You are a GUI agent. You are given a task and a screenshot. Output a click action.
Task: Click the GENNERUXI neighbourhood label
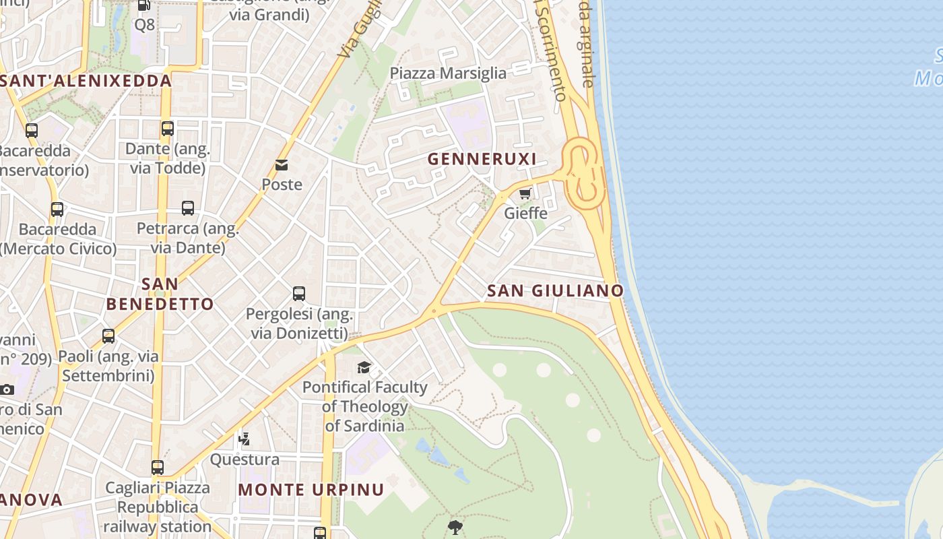point(482,159)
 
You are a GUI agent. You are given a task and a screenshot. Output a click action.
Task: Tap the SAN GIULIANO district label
point(555,290)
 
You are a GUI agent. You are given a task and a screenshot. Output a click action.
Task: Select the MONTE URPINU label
point(311,490)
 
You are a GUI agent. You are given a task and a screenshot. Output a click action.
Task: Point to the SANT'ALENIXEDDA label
point(86,81)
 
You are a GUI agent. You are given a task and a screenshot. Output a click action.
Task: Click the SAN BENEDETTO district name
point(160,294)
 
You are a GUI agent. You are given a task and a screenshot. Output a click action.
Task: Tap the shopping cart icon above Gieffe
point(525,194)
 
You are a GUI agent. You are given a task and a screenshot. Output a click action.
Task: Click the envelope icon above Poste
point(282,165)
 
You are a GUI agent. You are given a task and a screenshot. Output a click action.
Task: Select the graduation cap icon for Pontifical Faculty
point(364,367)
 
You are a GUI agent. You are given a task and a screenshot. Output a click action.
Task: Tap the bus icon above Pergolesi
point(299,294)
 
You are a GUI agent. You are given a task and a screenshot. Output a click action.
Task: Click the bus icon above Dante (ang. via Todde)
point(168,128)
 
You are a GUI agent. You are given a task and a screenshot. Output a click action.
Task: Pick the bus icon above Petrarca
point(188,208)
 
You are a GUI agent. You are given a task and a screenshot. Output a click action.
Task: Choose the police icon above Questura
point(245,439)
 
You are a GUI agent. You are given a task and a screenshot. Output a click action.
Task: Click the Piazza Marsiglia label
point(448,73)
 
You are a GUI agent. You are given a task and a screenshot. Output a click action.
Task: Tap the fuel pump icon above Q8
point(144,5)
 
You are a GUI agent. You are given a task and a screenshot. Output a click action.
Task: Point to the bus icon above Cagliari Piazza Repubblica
point(158,467)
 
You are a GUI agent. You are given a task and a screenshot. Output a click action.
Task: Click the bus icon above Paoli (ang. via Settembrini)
point(108,336)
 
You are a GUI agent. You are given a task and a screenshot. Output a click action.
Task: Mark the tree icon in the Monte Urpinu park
point(455,527)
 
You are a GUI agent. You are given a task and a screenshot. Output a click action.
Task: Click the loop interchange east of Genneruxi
point(582,173)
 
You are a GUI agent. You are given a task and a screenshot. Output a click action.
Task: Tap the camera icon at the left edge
point(7,389)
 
